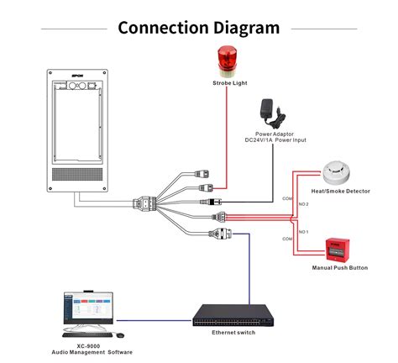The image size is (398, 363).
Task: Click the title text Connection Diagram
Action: pos(198,27)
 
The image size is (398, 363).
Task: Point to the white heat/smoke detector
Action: pos(338,171)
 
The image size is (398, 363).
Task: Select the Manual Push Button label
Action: pos(339,268)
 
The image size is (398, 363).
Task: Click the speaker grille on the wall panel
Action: pos(79,175)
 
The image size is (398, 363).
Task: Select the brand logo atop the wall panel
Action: pos(79,75)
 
